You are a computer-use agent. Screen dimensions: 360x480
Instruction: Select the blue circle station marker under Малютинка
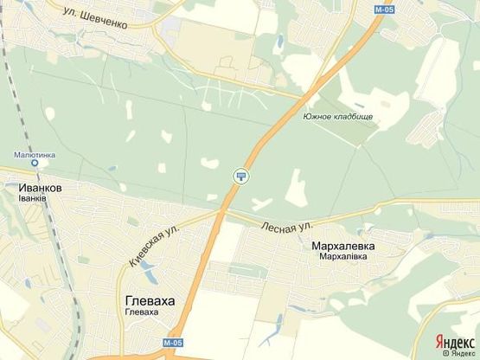(34, 163)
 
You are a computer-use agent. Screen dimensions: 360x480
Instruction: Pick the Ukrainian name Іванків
(32, 198)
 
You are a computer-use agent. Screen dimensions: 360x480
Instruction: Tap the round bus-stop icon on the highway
(240, 177)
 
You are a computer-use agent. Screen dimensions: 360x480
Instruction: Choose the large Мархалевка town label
(342, 246)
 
